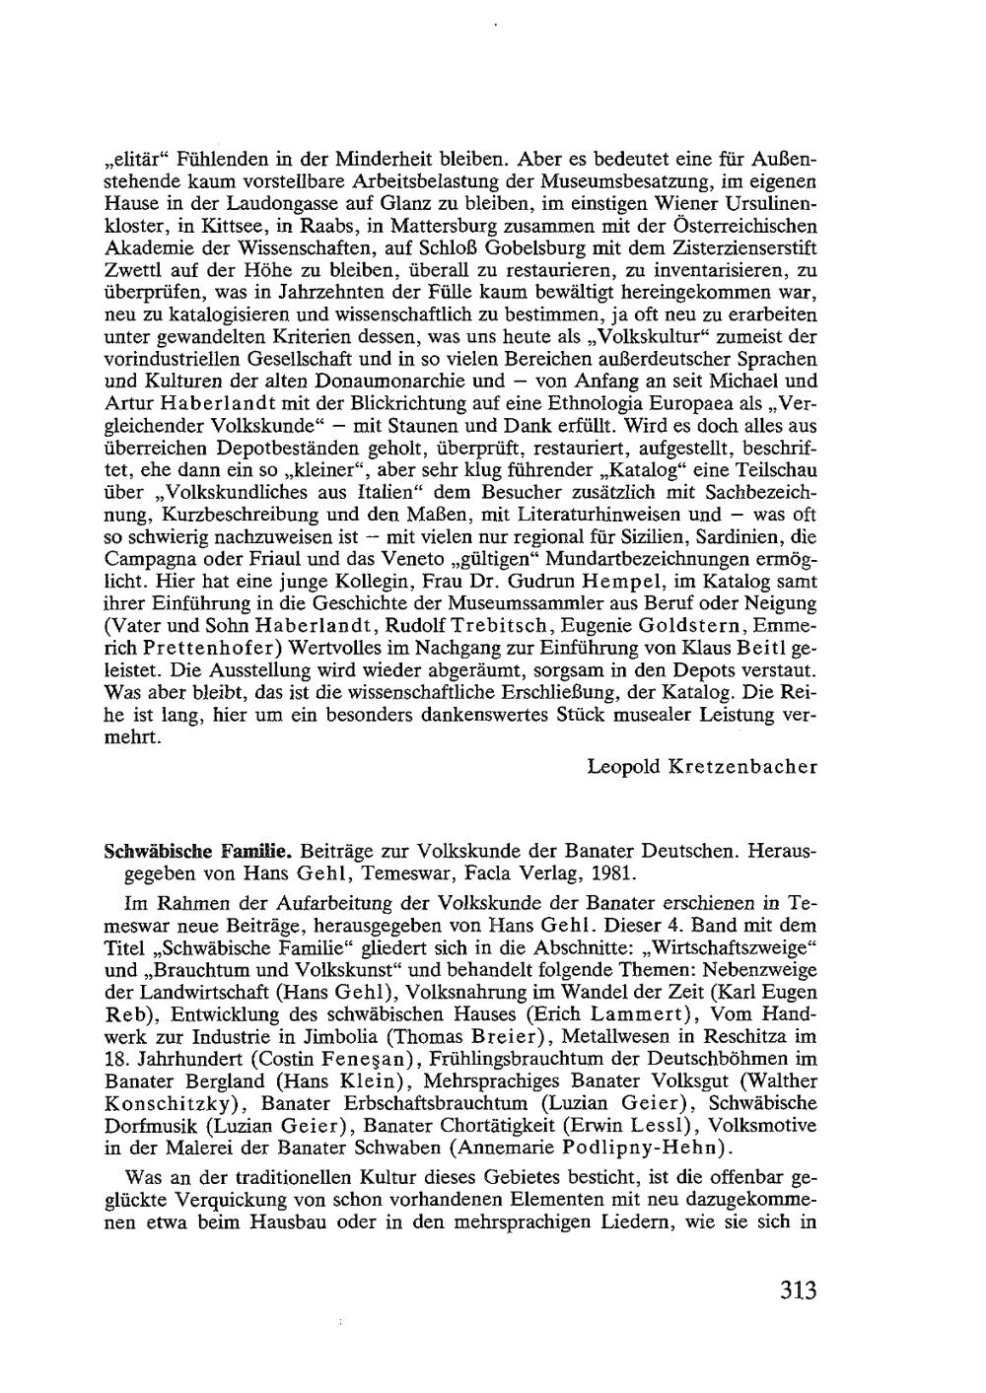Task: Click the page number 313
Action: click(x=797, y=1289)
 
